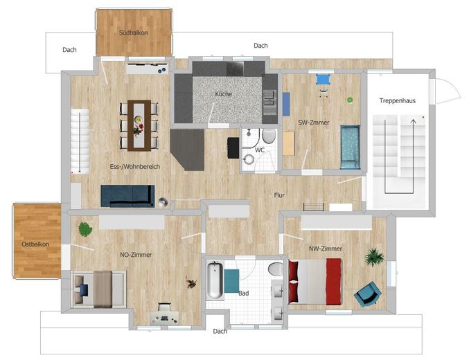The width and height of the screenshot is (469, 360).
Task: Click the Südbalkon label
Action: click(134, 33)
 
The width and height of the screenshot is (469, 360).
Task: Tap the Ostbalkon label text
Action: click(35, 244)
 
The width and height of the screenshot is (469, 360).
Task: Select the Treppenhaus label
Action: click(398, 101)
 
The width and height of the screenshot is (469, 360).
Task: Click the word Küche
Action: click(224, 94)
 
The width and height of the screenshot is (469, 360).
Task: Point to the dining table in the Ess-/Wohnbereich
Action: click(139, 125)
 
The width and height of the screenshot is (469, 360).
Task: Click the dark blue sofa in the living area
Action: click(127, 196)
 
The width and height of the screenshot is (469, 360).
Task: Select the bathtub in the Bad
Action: click(215, 280)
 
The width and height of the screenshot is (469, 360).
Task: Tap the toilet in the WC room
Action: click(269, 136)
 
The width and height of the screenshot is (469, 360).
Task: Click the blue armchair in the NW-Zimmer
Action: click(368, 294)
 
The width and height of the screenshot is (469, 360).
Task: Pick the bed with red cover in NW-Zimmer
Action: click(315, 282)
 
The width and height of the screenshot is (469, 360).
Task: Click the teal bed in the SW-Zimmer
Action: click(350, 147)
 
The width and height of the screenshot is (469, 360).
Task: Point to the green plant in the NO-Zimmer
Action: click(85, 229)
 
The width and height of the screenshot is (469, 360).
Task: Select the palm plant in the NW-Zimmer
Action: click(374, 257)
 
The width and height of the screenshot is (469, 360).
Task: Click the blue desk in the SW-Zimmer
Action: click(323, 79)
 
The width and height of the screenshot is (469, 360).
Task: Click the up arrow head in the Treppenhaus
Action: click(413, 121)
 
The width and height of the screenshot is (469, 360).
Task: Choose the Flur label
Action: click(279, 195)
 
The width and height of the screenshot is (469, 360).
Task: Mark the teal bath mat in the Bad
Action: click(231, 281)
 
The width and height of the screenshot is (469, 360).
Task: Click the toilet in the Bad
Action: click(276, 269)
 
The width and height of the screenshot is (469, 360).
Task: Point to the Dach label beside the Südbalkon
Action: click(69, 50)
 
